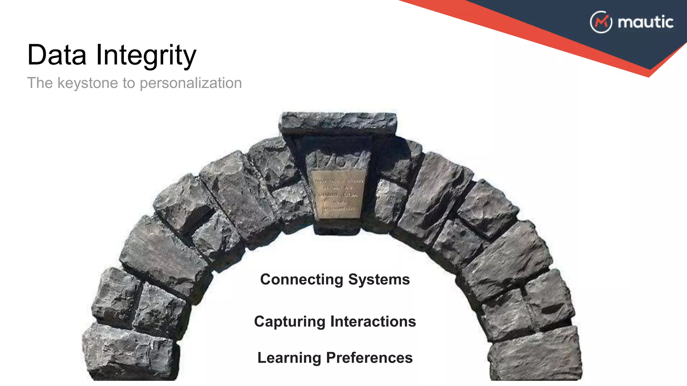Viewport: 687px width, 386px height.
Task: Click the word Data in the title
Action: click(57, 55)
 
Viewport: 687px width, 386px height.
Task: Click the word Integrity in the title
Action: click(146, 56)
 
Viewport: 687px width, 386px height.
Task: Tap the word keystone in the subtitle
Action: click(88, 83)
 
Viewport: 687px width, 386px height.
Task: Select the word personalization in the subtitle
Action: click(191, 83)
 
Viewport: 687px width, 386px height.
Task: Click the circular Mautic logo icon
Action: click(601, 22)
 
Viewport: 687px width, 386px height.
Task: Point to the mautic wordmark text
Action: click(645, 22)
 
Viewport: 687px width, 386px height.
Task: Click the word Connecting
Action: click(302, 279)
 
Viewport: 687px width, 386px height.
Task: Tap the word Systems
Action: click(379, 279)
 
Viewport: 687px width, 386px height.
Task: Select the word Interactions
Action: click(373, 322)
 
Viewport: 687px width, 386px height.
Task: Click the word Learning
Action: click(289, 358)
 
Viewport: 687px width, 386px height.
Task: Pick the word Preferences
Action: click(369, 358)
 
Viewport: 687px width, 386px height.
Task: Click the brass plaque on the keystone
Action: click(338, 194)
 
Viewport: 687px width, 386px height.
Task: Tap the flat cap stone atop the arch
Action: click(338, 123)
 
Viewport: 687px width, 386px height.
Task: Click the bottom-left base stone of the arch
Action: click(129, 353)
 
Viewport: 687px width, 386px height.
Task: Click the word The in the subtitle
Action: click(40, 83)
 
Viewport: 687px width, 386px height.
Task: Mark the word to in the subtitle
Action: click(129, 83)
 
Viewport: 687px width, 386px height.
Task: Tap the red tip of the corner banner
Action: click(651, 72)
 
